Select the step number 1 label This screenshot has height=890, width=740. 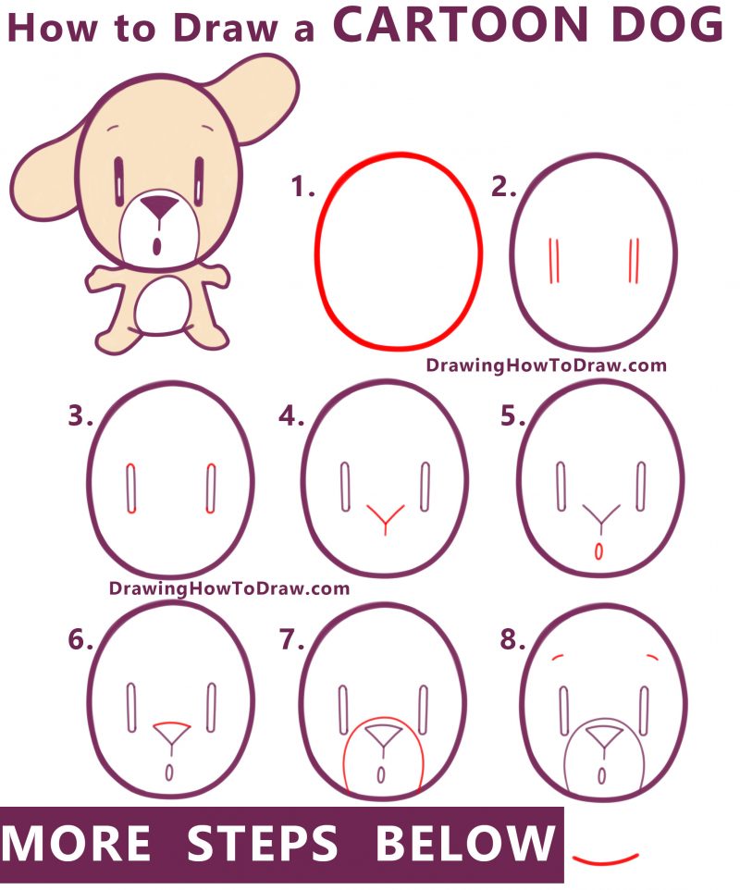pyautogui.click(x=302, y=189)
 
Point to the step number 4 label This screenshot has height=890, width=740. pyautogui.click(x=291, y=417)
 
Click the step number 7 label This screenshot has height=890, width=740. pyautogui.click(x=291, y=639)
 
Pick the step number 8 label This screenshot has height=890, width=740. pyautogui.click(x=512, y=639)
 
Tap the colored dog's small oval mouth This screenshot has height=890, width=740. pyautogui.click(x=157, y=246)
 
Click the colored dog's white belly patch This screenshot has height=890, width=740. pyautogui.click(x=162, y=306)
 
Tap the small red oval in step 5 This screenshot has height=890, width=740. pyautogui.click(x=598, y=551)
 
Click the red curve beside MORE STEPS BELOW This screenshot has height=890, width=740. pyautogui.click(x=605, y=858)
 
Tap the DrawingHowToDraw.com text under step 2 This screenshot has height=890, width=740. pyautogui.click(x=546, y=365)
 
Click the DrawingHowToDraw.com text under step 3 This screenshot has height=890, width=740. pyautogui.click(x=229, y=587)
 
